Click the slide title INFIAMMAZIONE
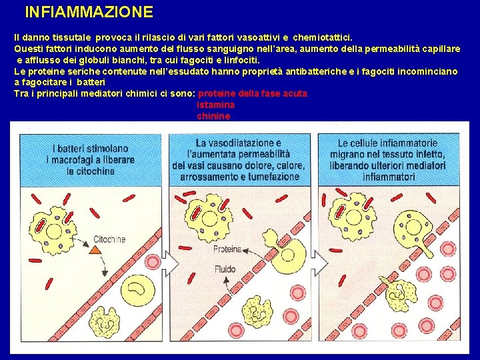(89, 12)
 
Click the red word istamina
(216, 105)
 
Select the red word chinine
(213, 116)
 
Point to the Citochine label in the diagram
(109, 239)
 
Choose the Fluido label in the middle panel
(225, 269)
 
